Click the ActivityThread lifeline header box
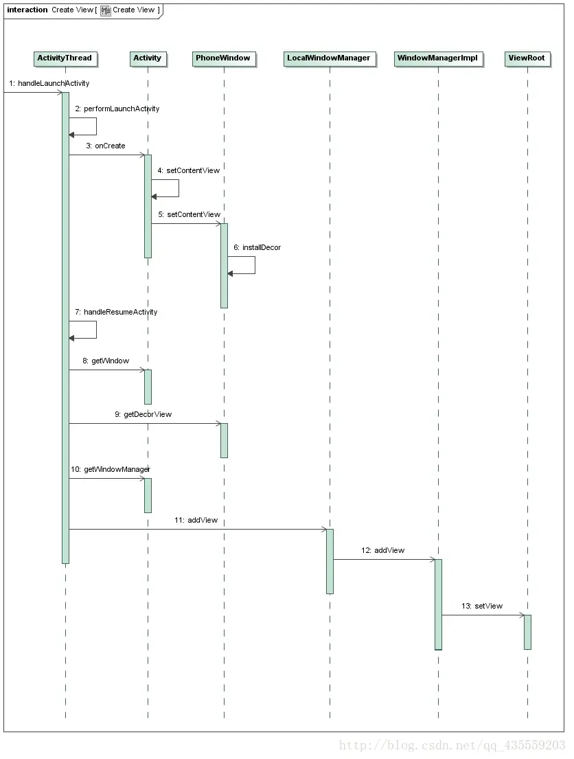pyautogui.click(x=65, y=58)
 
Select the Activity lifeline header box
pyautogui.click(x=147, y=58)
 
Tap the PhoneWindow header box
pyautogui.click(x=223, y=58)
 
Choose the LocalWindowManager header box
pyautogui.click(x=329, y=58)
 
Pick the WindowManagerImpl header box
pyautogui.click(x=438, y=58)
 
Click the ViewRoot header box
pyautogui.click(x=527, y=58)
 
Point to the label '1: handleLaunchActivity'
pyautogui.click(x=49, y=83)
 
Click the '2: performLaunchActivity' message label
pyautogui.click(x=117, y=109)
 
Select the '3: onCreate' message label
pyautogui.click(x=106, y=146)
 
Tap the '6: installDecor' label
pyautogui.click(x=257, y=247)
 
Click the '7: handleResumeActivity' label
pyautogui.click(x=116, y=312)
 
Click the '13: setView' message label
pyautogui.click(x=482, y=606)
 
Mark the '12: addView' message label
pyautogui.click(x=383, y=550)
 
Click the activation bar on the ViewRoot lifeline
pyautogui.click(x=527, y=632)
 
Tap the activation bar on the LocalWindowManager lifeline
pyautogui.click(x=330, y=560)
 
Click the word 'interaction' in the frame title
pyautogui.click(x=27, y=10)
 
